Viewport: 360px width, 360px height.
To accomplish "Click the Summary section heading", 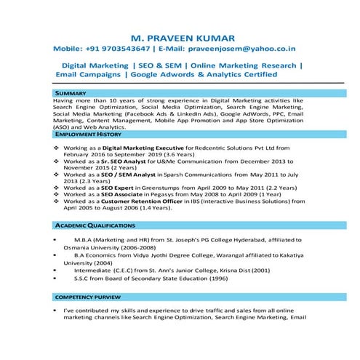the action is tap(71, 95).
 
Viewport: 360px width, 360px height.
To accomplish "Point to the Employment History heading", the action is tap(87, 135).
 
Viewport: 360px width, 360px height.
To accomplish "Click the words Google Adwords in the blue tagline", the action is tap(161, 74).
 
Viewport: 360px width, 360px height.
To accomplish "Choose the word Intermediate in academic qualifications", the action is tap(95, 270).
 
